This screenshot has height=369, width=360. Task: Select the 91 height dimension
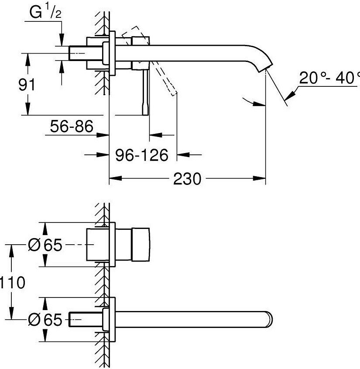coord(26,84)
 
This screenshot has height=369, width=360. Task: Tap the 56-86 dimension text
coord(72,127)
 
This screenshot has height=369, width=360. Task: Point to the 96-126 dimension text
coord(142,154)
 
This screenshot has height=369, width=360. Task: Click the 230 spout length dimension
coord(187,179)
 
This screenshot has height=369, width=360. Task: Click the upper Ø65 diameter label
coord(45,246)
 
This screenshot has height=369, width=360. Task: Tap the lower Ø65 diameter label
coord(45,320)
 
